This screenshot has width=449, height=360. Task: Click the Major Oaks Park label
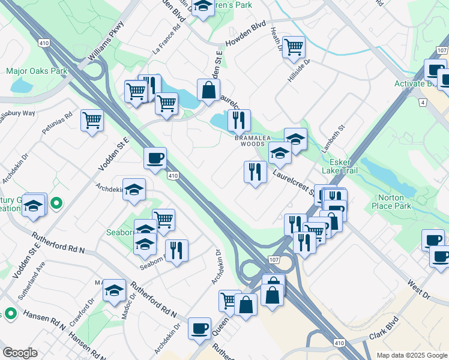37,71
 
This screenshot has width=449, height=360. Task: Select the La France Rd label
167,40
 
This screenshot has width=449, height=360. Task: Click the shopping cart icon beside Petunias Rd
92,120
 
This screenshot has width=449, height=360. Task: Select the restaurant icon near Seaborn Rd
176,250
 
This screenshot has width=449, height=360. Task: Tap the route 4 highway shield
423,103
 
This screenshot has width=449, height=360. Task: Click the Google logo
20,353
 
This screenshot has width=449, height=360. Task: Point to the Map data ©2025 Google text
411,355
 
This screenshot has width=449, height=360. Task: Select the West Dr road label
419,287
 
